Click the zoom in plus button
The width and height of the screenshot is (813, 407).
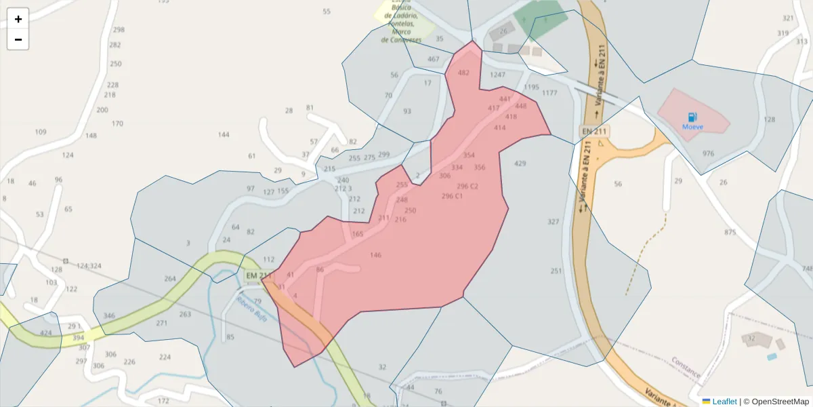18,19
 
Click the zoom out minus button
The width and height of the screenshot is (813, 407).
18,39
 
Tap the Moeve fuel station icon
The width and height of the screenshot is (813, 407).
692,117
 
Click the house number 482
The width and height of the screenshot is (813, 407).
463,73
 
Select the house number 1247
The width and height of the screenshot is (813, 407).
498,75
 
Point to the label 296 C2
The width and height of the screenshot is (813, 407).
467,186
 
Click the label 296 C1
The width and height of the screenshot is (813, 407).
452,196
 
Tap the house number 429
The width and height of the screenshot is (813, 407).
520,163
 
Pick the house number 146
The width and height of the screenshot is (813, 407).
376,255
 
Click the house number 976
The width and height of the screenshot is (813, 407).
708,153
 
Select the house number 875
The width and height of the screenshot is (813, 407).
730,232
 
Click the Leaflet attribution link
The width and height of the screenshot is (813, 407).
724,402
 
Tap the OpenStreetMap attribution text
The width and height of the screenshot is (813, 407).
780,402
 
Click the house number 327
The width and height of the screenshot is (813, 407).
554,222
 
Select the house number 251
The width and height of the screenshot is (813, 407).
556,271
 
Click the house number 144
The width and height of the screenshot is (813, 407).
224,134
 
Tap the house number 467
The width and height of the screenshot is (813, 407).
434,59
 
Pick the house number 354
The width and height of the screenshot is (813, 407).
469,155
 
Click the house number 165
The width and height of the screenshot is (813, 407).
358,234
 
